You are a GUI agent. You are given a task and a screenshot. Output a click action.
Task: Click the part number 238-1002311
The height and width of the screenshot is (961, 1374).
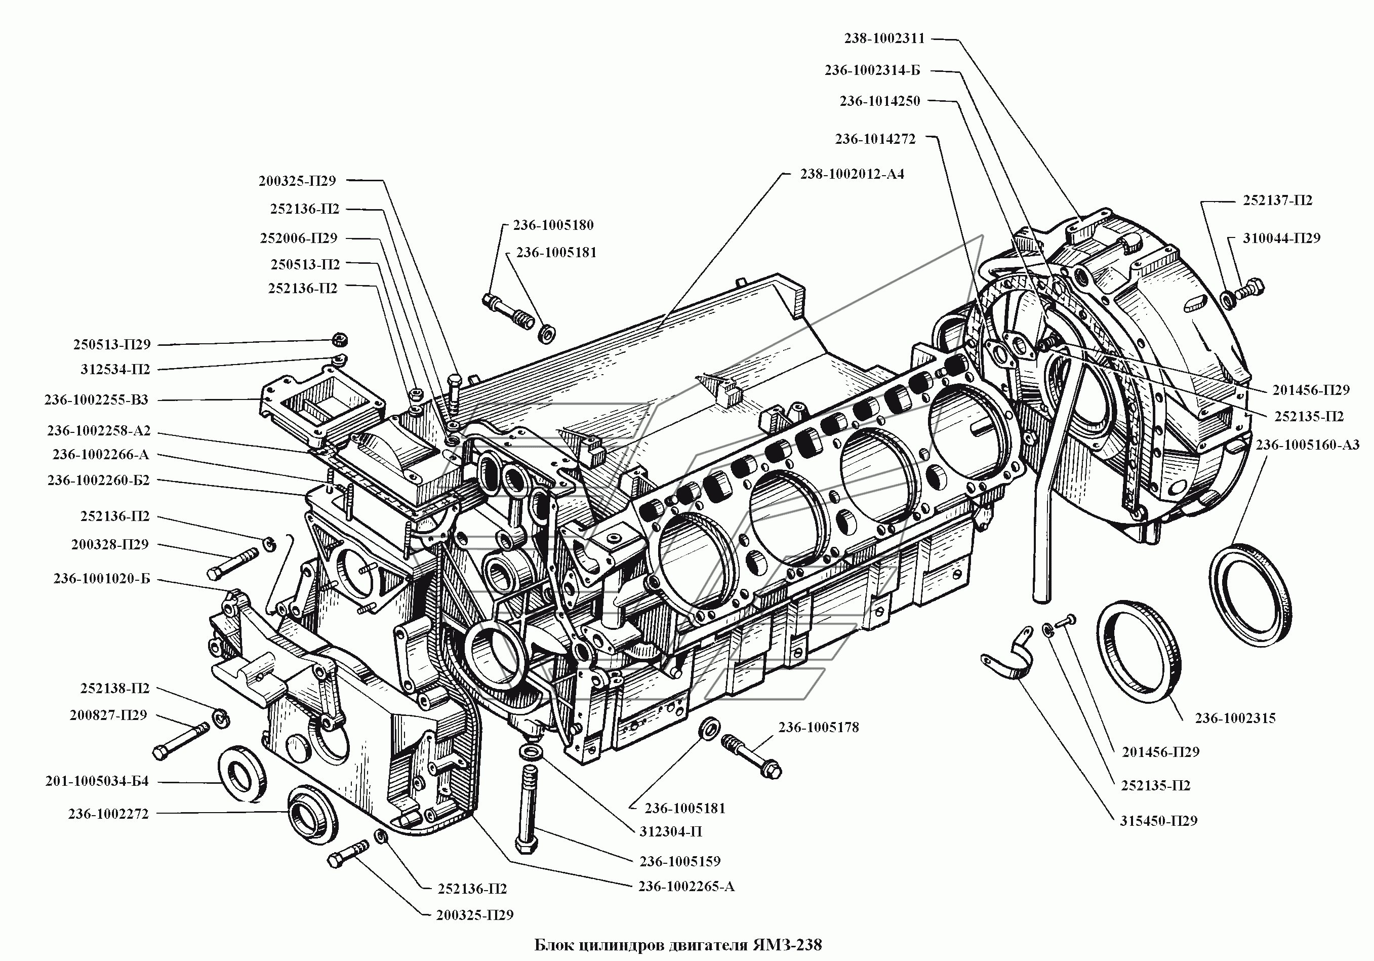[884, 38]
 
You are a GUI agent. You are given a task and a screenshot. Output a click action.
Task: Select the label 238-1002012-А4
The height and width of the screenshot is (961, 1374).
[852, 174]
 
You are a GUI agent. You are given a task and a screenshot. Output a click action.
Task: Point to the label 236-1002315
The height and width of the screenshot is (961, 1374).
[1235, 718]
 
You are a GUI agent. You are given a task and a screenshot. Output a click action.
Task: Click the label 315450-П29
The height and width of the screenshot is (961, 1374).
[1158, 820]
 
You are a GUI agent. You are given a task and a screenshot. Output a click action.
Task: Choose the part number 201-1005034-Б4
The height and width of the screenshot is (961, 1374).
[97, 781]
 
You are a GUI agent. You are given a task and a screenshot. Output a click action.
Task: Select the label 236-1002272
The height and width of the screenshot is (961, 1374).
[108, 814]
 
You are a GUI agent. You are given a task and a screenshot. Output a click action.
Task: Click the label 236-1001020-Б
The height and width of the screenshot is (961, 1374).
[102, 579]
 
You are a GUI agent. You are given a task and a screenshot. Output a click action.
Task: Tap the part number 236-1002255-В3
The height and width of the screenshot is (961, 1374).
[96, 399]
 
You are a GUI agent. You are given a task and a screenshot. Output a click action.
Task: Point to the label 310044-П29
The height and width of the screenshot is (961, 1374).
[1282, 237]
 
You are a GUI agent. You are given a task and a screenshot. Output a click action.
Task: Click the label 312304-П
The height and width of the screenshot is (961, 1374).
[671, 831]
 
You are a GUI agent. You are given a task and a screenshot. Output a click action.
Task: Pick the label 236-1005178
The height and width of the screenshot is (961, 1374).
[819, 727]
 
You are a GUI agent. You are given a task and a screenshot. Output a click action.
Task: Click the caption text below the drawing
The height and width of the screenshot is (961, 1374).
[678, 945]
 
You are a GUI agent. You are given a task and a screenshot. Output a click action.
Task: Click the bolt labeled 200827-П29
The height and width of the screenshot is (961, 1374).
[181, 741]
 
